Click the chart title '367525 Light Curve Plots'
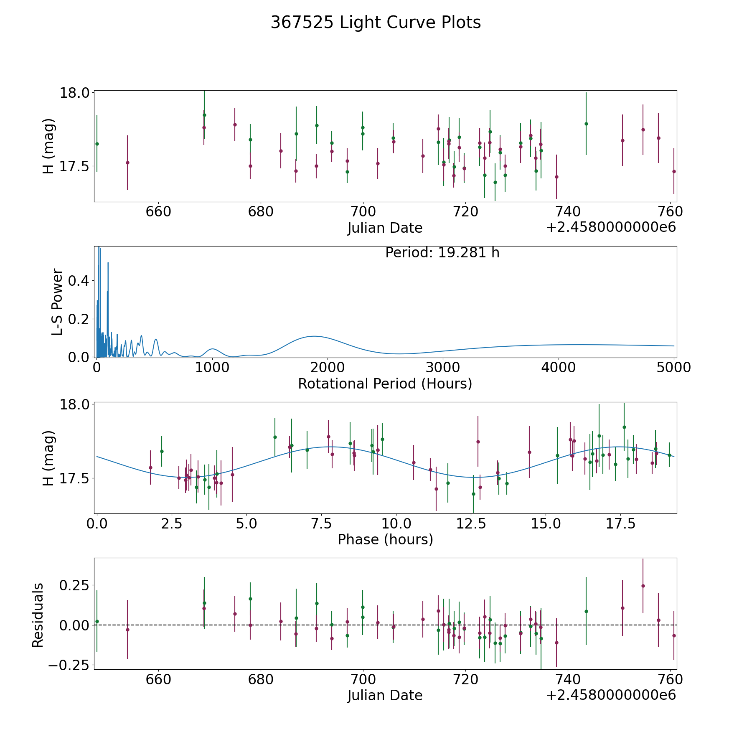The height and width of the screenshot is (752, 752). [x=376, y=23]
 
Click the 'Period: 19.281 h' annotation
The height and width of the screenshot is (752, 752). [x=442, y=253]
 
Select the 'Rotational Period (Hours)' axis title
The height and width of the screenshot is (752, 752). [x=385, y=384]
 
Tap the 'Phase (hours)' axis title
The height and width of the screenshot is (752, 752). [x=385, y=539]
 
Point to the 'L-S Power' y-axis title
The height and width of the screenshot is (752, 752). [x=58, y=302]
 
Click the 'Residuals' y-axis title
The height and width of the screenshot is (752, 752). [x=38, y=615]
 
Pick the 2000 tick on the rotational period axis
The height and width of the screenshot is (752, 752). [x=328, y=367]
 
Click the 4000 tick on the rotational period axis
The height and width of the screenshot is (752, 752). [x=559, y=367]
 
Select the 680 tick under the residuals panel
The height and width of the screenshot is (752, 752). [x=261, y=679]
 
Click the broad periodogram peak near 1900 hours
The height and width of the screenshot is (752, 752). [x=313, y=336]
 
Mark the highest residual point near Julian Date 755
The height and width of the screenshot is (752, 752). [x=643, y=586]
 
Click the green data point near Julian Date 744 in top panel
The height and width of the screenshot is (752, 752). [x=586, y=124]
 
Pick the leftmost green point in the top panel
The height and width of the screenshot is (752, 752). [x=97, y=144]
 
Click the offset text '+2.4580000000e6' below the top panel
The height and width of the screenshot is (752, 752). [x=611, y=227]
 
